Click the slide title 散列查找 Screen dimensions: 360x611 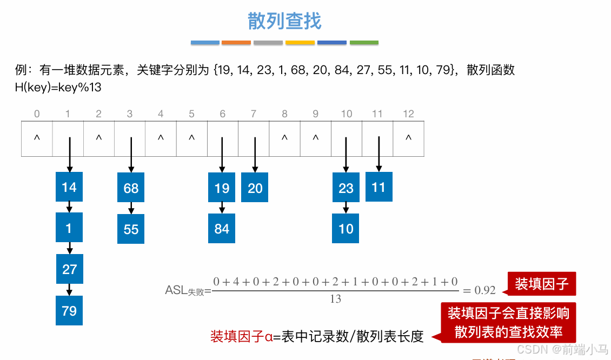284,21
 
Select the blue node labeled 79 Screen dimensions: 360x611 69,310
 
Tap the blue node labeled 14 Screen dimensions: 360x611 69,188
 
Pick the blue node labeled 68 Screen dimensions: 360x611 131,188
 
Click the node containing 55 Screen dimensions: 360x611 131,229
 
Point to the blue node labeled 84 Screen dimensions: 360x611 222,229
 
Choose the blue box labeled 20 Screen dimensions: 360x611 255,188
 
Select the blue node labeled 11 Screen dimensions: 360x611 378,187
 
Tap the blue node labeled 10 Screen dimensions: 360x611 346,229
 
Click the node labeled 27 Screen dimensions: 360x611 69,269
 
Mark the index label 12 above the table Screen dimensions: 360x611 408,114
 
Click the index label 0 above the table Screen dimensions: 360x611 37,114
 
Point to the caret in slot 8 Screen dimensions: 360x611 285,138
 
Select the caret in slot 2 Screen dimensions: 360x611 99,138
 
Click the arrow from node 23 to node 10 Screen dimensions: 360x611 346,208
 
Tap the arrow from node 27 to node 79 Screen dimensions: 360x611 69,290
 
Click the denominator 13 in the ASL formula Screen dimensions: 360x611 335,299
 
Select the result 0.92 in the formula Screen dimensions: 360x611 485,290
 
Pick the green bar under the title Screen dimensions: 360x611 364,42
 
